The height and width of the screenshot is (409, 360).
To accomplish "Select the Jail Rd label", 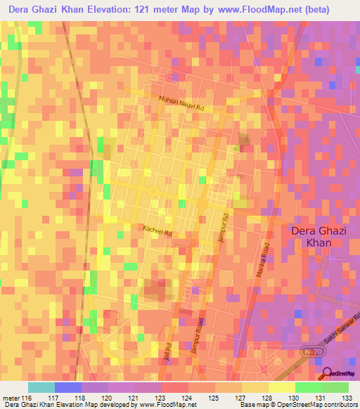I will click(168, 351).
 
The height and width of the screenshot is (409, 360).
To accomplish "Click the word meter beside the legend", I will click(10, 398).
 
